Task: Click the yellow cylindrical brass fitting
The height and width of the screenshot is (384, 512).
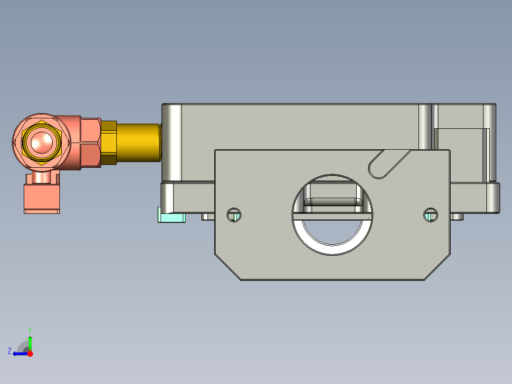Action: coord(138,143)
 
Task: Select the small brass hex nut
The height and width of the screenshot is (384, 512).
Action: coord(109,143)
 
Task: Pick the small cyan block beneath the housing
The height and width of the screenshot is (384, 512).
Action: coord(171,218)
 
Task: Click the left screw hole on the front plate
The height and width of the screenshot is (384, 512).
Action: coord(234,215)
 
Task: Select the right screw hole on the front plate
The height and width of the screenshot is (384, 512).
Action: coord(430,215)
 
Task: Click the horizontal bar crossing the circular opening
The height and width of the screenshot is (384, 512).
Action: coord(332,217)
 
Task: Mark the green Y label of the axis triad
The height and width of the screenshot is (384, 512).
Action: coord(29,329)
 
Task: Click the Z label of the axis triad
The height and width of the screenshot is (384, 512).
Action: coord(9,351)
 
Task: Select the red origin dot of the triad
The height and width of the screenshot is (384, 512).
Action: coord(30,354)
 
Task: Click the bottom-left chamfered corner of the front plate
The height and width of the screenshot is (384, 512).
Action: coord(228,267)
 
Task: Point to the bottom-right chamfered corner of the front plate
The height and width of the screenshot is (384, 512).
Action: coord(437,267)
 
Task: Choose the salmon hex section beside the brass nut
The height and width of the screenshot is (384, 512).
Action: coord(90,143)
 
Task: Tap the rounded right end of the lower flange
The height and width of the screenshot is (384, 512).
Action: coord(494,197)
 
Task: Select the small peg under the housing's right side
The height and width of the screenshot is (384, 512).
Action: coord(457,217)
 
